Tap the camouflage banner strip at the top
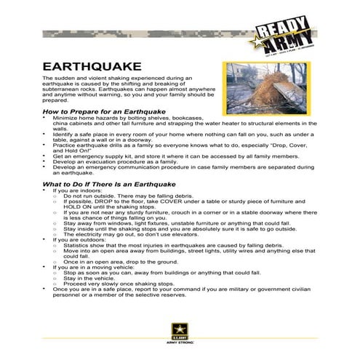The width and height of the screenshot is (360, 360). click(145, 33)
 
